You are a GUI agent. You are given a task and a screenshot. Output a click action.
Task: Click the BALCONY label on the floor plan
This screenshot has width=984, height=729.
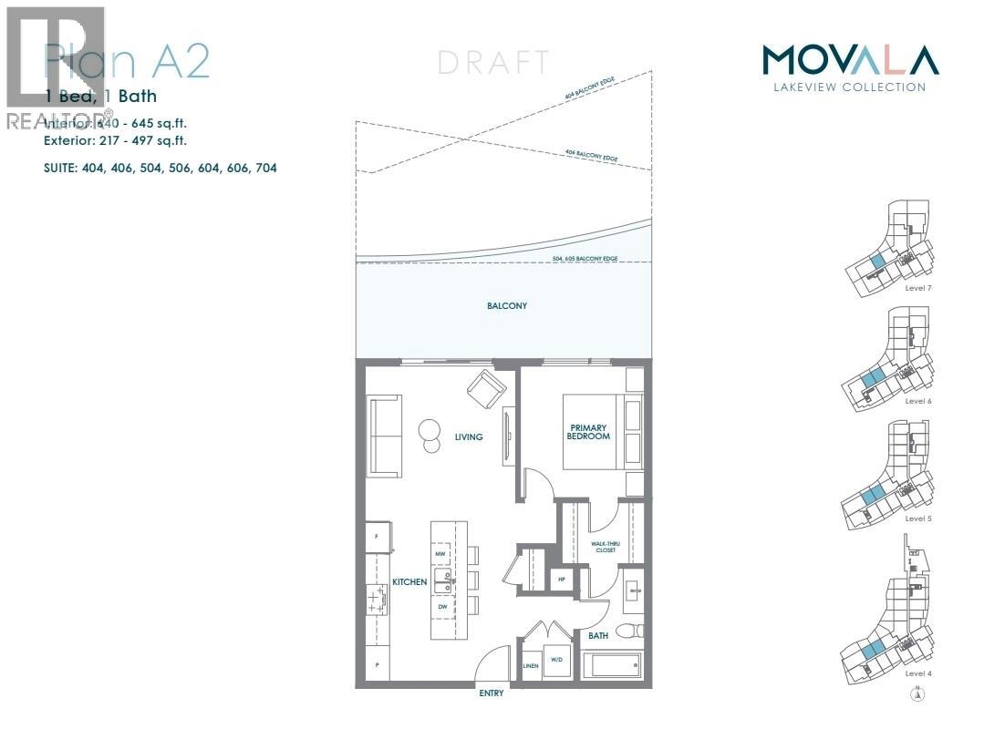(x=506, y=306)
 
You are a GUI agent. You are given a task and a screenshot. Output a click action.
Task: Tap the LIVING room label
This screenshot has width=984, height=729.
(x=469, y=437)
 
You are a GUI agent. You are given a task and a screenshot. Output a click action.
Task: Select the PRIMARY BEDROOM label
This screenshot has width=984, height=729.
(x=589, y=432)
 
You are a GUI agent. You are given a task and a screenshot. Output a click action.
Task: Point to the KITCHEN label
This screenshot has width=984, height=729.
(x=409, y=581)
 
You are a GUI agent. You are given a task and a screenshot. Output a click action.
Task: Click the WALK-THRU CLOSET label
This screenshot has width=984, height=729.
(x=603, y=547)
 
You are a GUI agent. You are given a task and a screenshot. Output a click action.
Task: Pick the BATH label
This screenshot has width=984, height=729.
(x=598, y=635)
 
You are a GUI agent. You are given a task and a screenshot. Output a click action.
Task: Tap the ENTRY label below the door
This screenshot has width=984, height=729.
(x=491, y=693)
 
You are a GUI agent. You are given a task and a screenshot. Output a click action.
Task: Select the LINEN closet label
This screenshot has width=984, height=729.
(x=531, y=666)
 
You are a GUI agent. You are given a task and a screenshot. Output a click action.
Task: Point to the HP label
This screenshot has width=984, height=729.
(x=561, y=580)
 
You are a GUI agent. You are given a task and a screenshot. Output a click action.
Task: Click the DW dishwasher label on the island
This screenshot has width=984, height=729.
(x=441, y=606)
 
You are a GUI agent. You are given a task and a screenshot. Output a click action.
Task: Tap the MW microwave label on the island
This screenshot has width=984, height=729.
(x=440, y=553)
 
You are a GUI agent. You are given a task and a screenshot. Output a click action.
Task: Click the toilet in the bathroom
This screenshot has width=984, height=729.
(x=630, y=630)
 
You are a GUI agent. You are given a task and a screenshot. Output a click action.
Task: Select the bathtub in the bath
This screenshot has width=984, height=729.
(x=612, y=663)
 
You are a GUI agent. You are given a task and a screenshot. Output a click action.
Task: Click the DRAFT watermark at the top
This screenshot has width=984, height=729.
(x=493, y=63)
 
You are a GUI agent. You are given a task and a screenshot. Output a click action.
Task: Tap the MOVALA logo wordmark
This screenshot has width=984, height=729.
(x=849, y=61)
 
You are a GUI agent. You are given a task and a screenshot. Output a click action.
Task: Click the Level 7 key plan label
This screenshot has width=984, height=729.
(x=917, y=287)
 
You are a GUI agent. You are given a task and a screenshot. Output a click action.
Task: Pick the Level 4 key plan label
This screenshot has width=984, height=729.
(x=917, y=673)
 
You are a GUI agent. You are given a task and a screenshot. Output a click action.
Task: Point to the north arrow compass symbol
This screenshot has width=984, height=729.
(x=918, y=695)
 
